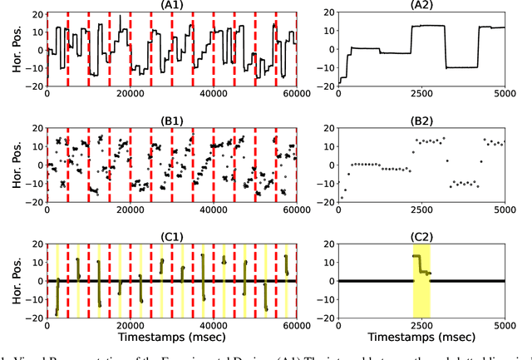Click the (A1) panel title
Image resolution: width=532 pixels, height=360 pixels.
point(171,6)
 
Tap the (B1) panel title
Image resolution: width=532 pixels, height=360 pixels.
point(171,121)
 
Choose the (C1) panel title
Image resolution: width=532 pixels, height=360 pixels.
point(171,236)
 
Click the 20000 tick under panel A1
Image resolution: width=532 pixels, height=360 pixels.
point(130,96)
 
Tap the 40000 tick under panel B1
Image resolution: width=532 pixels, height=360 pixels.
point(214,210)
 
